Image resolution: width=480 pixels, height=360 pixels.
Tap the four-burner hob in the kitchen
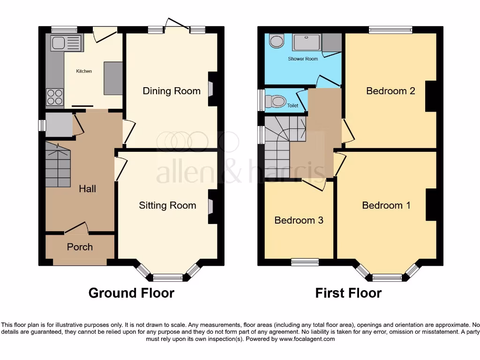tap(54, 97)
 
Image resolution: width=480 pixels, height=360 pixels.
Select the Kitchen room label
tap(84, 71)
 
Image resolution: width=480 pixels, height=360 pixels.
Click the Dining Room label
tap(171, 91)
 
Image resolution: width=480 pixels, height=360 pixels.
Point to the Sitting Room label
tap(167, 205)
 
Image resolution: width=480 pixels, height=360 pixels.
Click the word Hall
tap(87, 188)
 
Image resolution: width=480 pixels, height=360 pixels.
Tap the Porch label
tap(80, 247)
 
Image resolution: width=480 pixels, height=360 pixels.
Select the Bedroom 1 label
tap(386, 205)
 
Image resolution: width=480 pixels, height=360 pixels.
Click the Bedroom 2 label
tap(390, 91)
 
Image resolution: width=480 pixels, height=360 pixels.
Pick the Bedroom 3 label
tap(299, 220)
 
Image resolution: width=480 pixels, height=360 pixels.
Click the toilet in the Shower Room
tap(277, 41)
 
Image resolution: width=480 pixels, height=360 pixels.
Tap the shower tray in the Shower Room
tap(307, 42)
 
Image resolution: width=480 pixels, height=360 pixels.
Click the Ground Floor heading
tap(131, 293)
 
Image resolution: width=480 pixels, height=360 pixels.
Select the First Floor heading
tap(348, 293)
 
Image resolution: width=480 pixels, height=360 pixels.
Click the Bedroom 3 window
tap(305, 262)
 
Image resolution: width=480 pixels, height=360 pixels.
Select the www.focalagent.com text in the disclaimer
tap(308, 338)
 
